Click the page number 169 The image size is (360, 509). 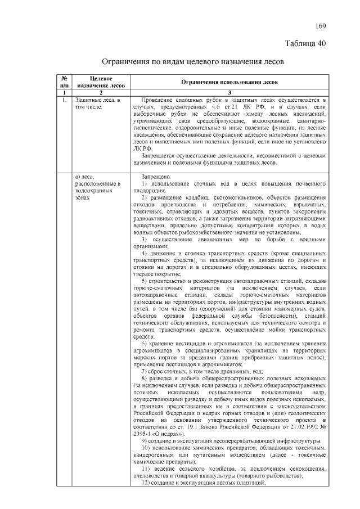320,26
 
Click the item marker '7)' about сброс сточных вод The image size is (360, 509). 145,372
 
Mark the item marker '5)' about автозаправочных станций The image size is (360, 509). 145,281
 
